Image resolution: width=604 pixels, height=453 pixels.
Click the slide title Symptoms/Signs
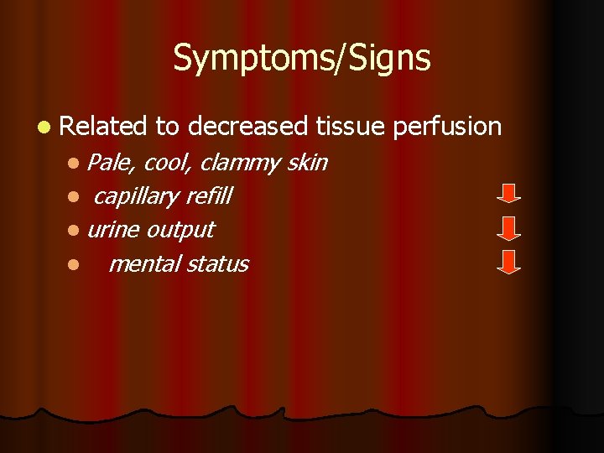click(x=302, y=58)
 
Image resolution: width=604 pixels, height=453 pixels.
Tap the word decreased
click(x=247, y=127)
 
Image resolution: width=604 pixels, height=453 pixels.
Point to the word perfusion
click(x=448, y=127)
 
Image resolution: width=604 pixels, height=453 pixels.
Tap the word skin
click(x=307, y=162)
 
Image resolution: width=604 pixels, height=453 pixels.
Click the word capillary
click(x=136, y=197)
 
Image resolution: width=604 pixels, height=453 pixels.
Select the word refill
click(x=208, y=196)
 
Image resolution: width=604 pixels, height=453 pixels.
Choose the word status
click(x=217, y=263)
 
